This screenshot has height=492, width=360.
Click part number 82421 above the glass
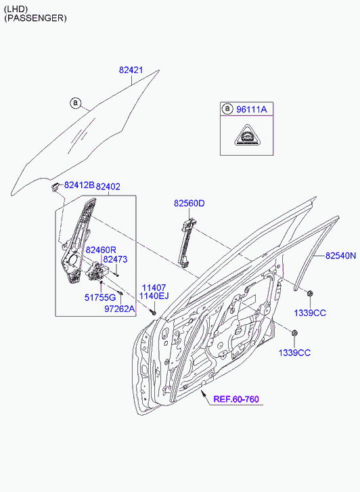131,70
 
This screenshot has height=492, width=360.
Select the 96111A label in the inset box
252,109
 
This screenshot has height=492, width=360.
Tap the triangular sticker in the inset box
247,135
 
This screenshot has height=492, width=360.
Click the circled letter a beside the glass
75,103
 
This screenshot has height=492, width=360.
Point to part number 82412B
79,185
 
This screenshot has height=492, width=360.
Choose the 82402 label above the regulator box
108,187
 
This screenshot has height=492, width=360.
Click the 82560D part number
189,203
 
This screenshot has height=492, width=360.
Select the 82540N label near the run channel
340,256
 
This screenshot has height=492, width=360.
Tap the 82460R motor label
101,250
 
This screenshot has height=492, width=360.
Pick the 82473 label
115,259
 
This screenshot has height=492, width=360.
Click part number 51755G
100,297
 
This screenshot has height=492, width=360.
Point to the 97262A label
120,309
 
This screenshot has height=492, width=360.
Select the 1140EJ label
154,296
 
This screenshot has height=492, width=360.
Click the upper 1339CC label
310,313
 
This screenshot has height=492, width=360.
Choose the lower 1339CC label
294,353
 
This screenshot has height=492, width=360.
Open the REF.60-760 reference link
236,399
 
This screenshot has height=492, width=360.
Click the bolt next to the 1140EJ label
154,313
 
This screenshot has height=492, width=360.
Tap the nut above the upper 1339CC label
309,294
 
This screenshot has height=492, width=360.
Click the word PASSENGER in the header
35,18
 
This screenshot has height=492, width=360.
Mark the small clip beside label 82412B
55,186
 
